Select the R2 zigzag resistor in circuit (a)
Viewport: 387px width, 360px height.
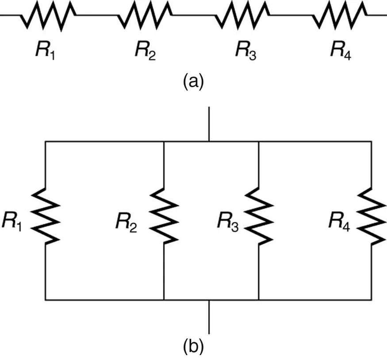click(x=145, y=16)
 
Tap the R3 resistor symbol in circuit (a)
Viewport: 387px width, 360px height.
click(x=243, y=16)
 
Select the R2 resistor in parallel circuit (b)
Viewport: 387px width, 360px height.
click(x=164, y=216)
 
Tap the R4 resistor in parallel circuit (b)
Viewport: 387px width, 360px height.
click(x=371, y=216)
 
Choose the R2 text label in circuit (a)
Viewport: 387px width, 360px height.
click(x=145, y=52)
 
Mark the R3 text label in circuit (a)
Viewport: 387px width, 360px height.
click(x=245, y=52)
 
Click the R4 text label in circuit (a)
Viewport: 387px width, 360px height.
click(x=341, y=52)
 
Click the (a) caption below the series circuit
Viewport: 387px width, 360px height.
click(x=193, y=82)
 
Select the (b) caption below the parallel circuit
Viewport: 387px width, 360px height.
click(x=193, y=348)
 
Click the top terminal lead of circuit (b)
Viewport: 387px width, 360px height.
click(x=209, y=124)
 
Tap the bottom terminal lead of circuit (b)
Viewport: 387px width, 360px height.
click(x=209, y=317)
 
